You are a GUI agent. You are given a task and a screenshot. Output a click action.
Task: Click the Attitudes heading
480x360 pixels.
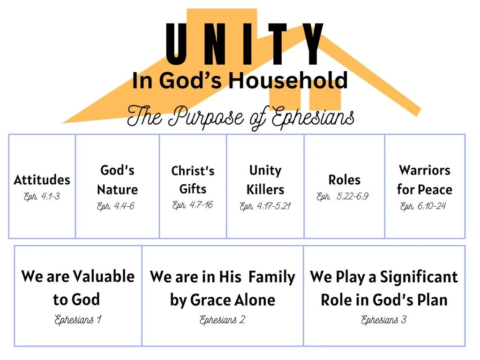(42, 180)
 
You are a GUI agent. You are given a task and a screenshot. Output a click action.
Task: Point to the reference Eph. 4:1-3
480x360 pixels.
(42, 197)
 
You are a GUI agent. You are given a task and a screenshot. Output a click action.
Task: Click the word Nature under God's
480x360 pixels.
(117, 190)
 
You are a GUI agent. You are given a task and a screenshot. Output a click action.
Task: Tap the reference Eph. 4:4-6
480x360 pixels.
(116, 206)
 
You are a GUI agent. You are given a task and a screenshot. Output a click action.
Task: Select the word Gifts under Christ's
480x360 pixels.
(193, 189)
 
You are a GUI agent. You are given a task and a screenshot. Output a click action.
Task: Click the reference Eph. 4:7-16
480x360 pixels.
(192, 205)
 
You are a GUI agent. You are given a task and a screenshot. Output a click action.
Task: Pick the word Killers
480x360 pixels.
(265, 190)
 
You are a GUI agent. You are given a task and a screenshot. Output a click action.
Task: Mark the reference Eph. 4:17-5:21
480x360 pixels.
(265, 206)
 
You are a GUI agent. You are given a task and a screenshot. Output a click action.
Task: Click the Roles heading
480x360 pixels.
(344, 180)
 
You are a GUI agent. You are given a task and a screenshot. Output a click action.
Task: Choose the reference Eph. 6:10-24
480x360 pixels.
(423, 206)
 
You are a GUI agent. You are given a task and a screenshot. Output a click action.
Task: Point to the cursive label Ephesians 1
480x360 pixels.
(78, 321)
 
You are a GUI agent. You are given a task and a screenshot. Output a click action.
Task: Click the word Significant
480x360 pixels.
(419, 277)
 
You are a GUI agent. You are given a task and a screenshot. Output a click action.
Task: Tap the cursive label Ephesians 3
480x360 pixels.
(384, 320)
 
